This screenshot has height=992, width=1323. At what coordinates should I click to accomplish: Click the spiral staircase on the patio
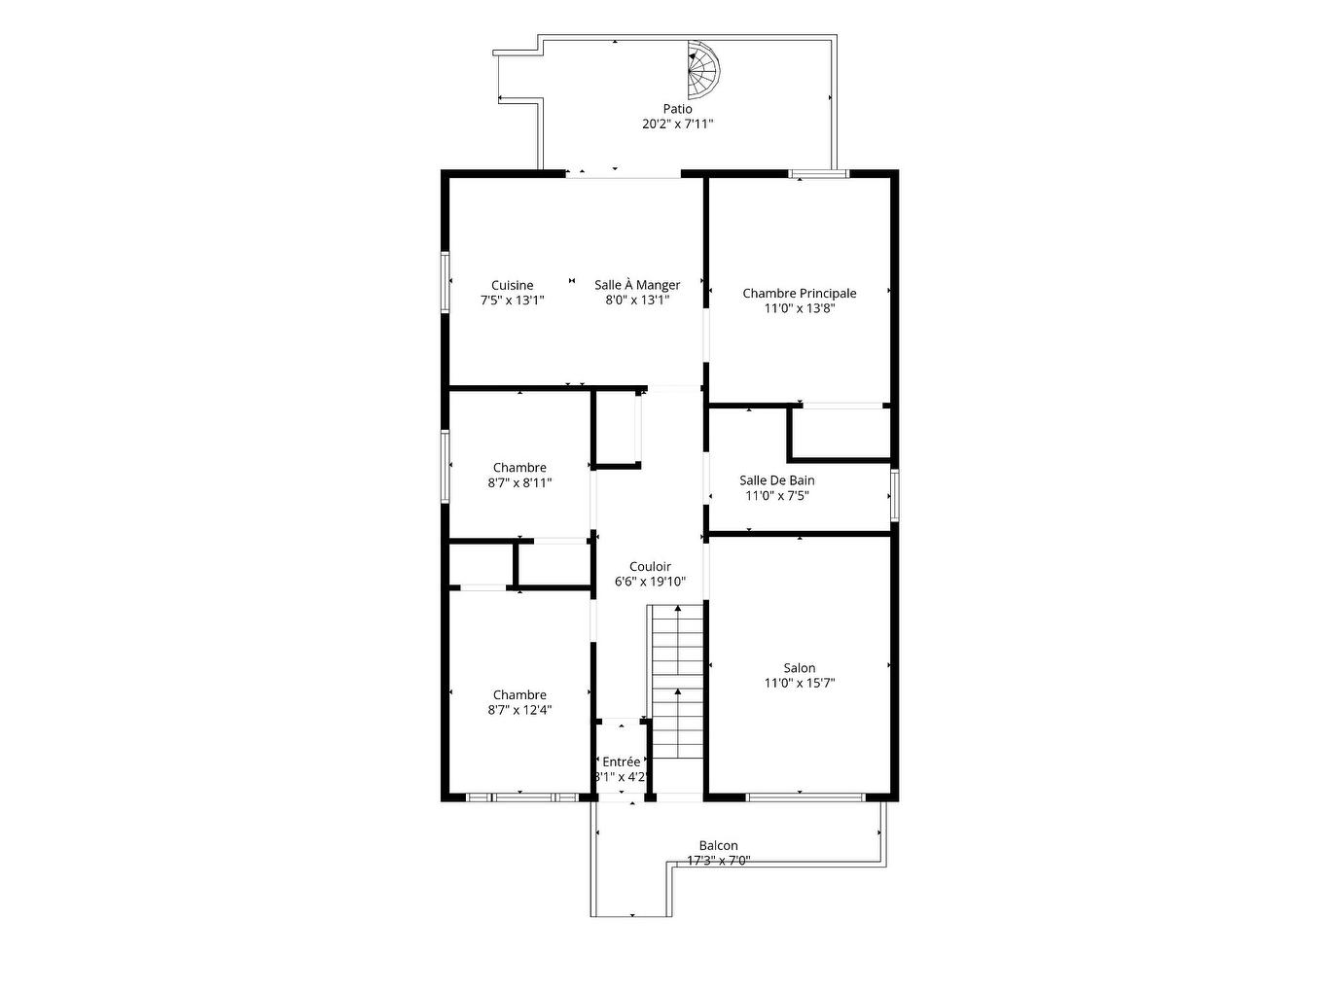pyautogui.click(x=704, y=70)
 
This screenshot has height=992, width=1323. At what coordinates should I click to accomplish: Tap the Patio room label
pyautogui.click(x=678, y=109)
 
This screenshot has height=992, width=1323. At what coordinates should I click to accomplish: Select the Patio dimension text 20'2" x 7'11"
pyautogui.click(x=678, y=124)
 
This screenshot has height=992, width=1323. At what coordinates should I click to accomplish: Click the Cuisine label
pyautogui.click(x=512, y=285)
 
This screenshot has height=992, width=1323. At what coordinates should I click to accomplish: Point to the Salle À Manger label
pyautogui.click(x=637, y=285)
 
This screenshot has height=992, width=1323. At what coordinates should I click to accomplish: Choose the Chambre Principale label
pyautogui.click(x=800, y=293)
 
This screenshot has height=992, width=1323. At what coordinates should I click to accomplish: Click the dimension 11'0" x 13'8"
pyautogui.click(x=800, y=308)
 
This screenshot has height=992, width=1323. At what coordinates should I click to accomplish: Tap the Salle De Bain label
pyautogui.click(x=777, y=480)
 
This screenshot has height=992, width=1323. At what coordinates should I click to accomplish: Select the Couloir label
pyautogui.click(x=650, y=567)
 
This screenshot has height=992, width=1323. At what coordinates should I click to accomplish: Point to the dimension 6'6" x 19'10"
pyautogui.click(x=650, y=582)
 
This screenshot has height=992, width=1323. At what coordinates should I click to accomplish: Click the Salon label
pyautogui.click(x=800, y=668)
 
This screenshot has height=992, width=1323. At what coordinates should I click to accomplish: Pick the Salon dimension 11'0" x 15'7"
pyautogui.click(x=800, y=683)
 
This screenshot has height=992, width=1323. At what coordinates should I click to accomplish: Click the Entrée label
pyautogui.click(x=622, y=762)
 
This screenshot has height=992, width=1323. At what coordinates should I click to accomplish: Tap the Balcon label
pyautogui.click(x=718, y=846)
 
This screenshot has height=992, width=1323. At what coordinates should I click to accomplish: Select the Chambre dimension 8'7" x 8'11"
pyautogui.click(x=519, y=482)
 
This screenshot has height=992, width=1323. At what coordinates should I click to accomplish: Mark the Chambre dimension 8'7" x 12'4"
pyautogui.click(x=519, y=710)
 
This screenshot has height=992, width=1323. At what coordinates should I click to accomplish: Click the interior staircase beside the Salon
pyautogui.click(x=676, y=681)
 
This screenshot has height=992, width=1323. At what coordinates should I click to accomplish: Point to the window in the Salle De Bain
pyautogui.click(x=894, y=495)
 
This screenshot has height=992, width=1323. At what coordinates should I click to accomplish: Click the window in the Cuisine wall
pyautogui.click(x=445, y=282)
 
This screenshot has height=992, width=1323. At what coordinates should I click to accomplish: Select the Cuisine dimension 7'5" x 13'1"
pyautogui.click(x=512, y=301)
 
